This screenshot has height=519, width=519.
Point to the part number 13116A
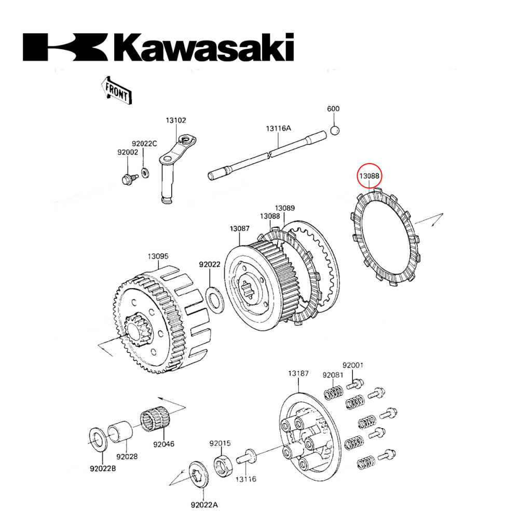(279, 129)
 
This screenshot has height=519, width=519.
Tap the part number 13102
(176, 120)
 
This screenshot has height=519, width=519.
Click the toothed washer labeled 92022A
(198, 474)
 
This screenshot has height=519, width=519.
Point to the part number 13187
(298, 373)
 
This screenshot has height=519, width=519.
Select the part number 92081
(332, 375)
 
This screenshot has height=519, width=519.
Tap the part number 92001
(352, 365)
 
